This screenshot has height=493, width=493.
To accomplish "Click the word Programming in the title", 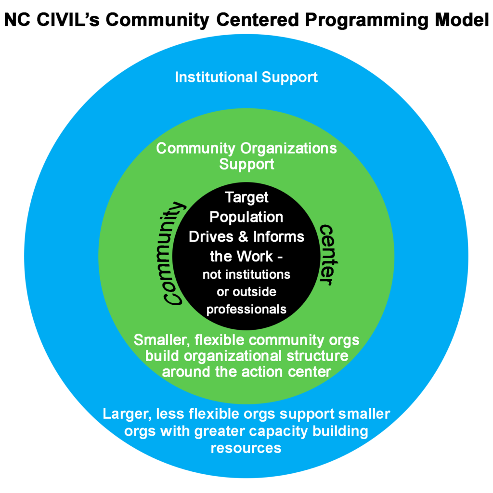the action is point(366,21).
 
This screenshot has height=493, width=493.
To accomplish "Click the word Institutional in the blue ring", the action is point(216,77).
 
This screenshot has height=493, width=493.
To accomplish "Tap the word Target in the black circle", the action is point(246,198).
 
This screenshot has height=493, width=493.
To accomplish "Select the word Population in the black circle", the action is point(246,218).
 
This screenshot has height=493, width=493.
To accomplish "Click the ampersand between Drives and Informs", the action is point(243,237).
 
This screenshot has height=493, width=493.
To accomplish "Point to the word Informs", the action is point(279,237).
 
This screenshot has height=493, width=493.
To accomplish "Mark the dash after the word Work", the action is point(279,258).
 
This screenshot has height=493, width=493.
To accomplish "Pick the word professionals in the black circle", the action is point(246,310).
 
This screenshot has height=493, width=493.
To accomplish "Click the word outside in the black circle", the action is point(254,292).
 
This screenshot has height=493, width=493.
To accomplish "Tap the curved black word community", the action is point(173,253).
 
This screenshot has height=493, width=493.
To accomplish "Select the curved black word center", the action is point(328,255).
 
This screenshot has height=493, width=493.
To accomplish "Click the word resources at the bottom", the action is point(246,449).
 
